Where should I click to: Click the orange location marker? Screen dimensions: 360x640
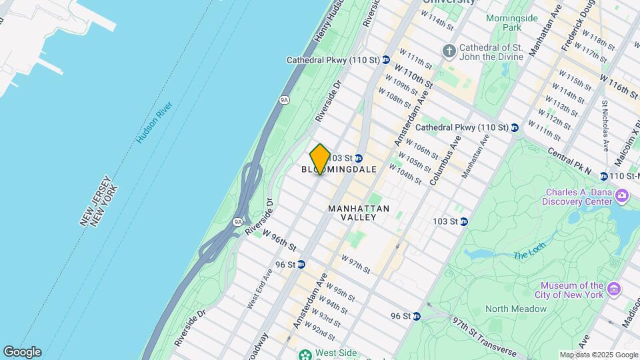click(x=320, y=159)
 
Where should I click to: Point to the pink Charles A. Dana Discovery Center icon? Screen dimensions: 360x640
click(x=622, y=195)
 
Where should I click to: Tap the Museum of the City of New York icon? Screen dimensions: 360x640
click(x=614, y=290)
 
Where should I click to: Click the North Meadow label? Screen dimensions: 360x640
click(x=516, y=309)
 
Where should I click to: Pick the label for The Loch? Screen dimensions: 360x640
click(x=529, y=249)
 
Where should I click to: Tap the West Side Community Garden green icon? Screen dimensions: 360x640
click(x=305, y=354)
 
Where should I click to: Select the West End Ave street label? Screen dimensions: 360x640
click(x=260, y=289)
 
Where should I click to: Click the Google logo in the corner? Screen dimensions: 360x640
click(x=22, y=352)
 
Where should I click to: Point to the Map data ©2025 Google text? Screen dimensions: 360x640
click(x=598, y=355)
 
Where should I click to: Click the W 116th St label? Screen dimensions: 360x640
click(x=619, y=85)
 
